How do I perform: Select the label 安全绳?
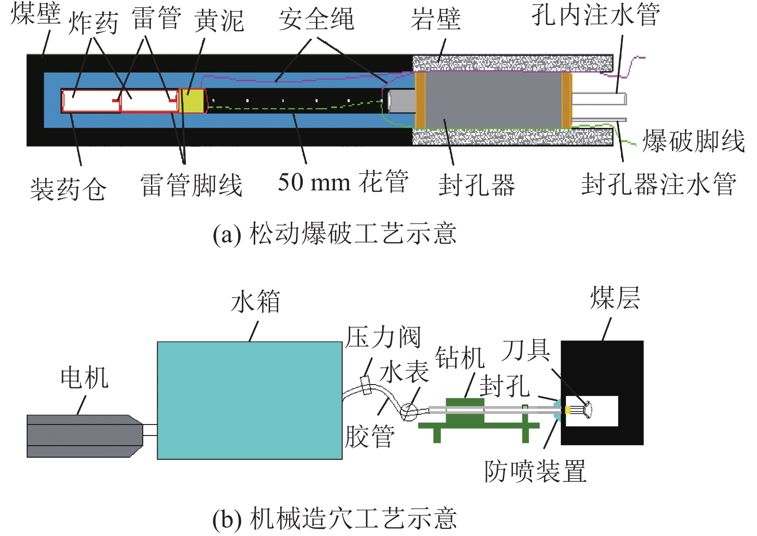[316, 20]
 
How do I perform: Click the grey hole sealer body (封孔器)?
[493, 100]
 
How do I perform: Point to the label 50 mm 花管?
[343, 183]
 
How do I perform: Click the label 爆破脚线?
[693, 141]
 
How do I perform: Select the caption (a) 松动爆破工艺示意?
[335, 234]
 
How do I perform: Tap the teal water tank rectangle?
[249, 400]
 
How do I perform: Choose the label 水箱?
[255, 302]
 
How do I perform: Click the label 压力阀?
[383, 337]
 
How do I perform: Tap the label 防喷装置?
[535, 471]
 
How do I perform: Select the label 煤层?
[615, 298]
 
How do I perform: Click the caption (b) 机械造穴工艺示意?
[335, 519]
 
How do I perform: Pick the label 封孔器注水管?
[658, 185]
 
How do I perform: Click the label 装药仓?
[68, 188]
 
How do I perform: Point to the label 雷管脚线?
[191, 186]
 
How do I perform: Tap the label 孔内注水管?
[596, 15]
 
